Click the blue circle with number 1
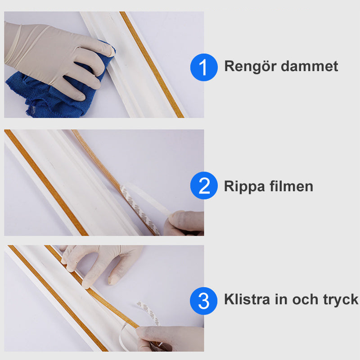203,67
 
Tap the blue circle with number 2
203,186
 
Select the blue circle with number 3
203,301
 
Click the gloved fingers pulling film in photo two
184,223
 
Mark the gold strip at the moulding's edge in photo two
45,180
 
